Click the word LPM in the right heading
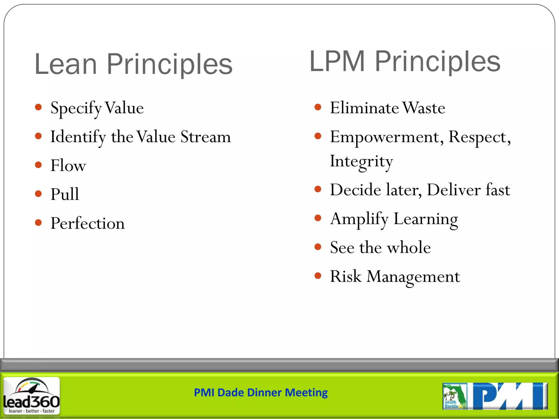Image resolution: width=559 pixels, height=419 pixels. click(337, 62)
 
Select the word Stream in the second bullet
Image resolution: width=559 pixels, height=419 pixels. click(206, 137)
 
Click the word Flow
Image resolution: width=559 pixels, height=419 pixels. click(68, 166)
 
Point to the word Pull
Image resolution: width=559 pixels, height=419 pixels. click(65, 194)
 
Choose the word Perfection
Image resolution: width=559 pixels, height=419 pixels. click(88, 223)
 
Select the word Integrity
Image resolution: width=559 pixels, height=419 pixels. click(361, 161)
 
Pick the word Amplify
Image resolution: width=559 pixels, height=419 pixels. click(359, 219)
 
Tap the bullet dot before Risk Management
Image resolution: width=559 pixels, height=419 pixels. click(318, 276)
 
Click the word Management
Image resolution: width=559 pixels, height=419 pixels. click(413, 277)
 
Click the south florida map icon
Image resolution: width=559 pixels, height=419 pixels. click(454, 396)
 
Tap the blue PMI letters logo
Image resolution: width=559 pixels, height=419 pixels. click(509, 396)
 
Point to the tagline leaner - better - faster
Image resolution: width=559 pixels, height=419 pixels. click(32, 411)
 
